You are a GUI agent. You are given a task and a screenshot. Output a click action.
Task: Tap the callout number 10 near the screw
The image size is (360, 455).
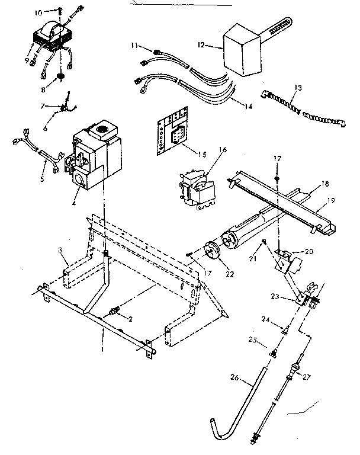54,12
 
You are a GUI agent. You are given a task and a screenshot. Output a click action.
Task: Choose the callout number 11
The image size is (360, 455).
134,45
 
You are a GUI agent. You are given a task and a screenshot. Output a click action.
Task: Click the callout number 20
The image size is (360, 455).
308,251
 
